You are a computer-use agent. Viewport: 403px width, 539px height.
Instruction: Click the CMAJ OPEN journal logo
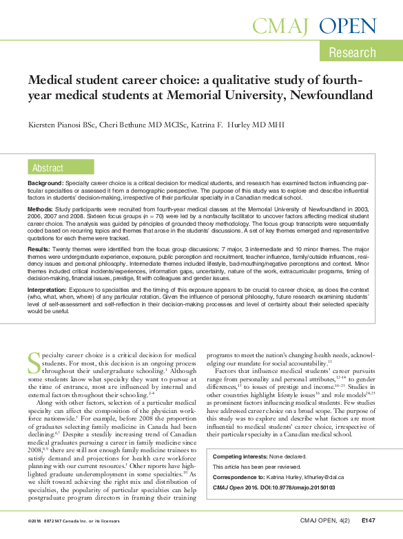click(314, 27)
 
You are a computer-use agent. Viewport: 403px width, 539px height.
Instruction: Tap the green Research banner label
click(352, 52)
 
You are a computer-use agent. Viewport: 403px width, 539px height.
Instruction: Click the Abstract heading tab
click(48, 168)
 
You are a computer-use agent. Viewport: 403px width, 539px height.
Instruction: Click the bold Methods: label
click(39, 209)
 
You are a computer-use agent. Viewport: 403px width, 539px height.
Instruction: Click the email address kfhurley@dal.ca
click(325, 476)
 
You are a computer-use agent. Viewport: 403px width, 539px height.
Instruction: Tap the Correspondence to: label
click(238, 476)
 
